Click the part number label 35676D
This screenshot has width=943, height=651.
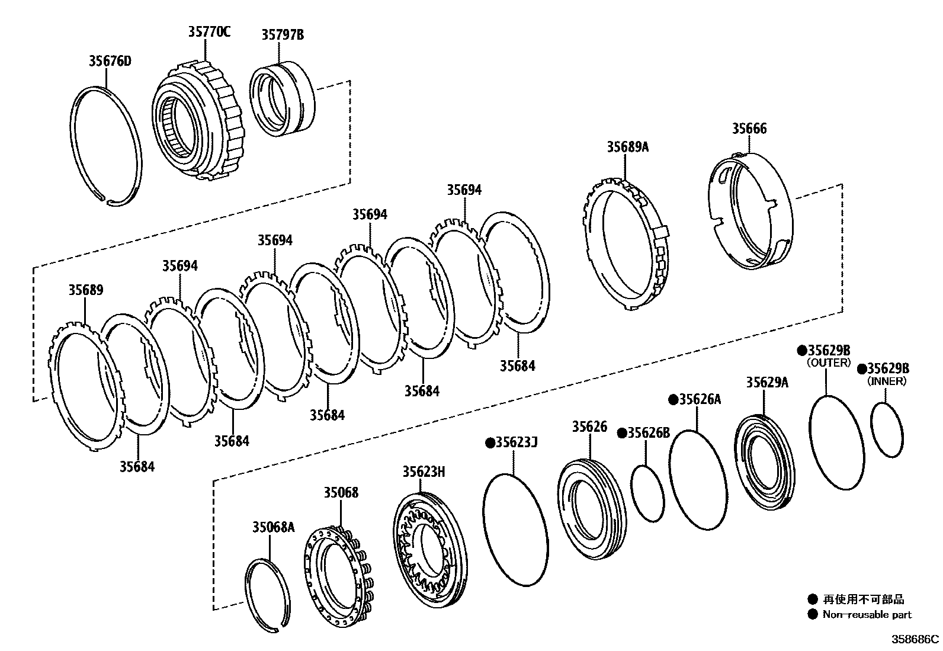[110, 61]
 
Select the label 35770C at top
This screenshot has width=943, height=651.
[209, 32]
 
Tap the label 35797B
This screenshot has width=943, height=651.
[283, 35]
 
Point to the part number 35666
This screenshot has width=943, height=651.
[749, 129]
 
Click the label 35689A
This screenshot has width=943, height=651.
[627, 147]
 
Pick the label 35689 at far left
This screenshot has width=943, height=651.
[85, 290]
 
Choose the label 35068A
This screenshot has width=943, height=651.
[273, 527]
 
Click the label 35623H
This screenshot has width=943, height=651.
[424, 472]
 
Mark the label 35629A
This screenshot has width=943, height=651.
[767, 382]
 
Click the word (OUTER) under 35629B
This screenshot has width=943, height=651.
[829, 363]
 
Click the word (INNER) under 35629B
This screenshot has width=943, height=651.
[887, 381]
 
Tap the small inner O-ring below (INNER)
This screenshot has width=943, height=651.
[887, 429]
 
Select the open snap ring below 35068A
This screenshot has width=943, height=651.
[268, 595]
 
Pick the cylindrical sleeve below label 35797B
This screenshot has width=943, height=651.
[283, 99]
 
